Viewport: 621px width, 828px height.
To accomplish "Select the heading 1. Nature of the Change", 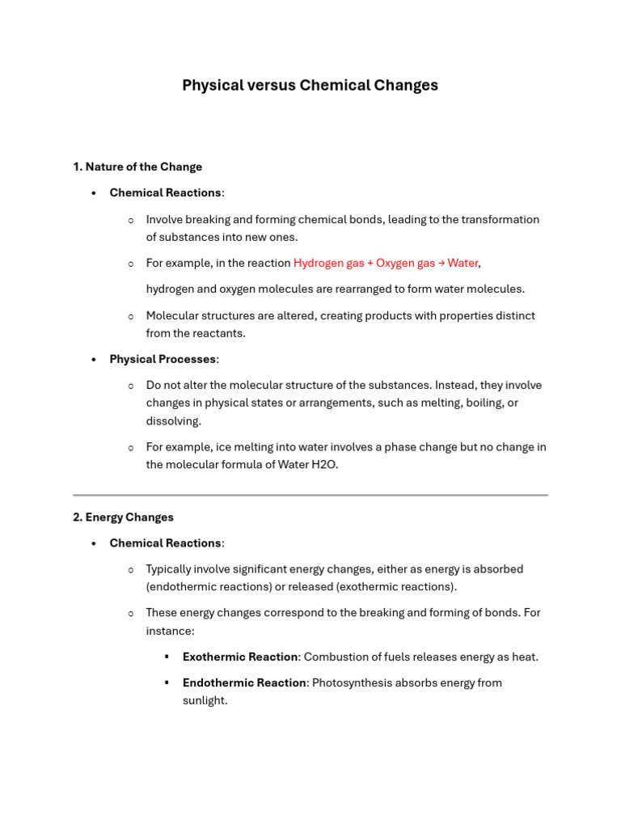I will coord(137,167).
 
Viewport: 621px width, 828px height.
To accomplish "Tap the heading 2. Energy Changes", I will coord(123,517).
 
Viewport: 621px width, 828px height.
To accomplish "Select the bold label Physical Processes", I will coord(163,359).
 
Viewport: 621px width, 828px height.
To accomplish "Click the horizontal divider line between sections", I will coord(310,494).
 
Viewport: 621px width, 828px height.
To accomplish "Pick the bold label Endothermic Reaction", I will coord(244,682).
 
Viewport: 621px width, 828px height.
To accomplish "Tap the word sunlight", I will coord(204,700).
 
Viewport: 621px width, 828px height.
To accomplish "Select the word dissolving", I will coord(173,421).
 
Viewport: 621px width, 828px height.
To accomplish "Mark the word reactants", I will coord(218,333).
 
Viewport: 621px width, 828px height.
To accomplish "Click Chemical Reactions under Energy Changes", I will coord(165,543).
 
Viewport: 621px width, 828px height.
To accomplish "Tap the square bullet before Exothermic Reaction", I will coord(167,657).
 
